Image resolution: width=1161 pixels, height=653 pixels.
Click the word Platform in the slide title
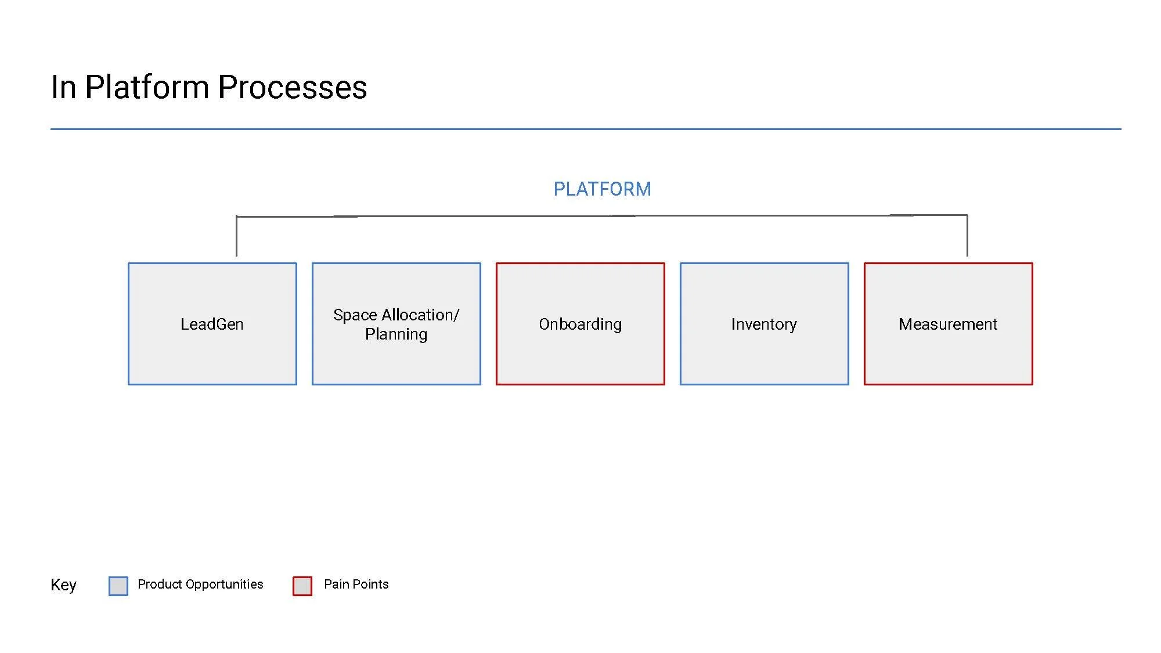(147, 88)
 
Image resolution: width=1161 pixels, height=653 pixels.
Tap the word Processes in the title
(292, 88)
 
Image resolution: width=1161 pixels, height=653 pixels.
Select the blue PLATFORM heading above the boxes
(602, 189)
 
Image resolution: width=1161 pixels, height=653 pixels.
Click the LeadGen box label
(212, 324)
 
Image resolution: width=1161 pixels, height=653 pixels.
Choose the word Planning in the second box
(396, 334)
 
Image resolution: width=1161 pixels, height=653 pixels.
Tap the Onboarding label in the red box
(580, 324)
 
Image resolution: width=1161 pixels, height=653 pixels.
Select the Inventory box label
(764, 324)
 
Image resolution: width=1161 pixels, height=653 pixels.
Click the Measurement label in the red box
(948, 324)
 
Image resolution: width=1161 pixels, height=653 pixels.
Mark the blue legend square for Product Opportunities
(118, 586)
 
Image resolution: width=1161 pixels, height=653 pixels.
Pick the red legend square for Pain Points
(302, 586)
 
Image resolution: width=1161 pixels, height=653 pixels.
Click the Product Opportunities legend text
(200, 584)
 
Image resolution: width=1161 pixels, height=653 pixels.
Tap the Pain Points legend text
(356, 584)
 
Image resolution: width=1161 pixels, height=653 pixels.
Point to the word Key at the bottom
(63, 585)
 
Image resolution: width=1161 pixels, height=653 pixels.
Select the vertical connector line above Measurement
(967, 236)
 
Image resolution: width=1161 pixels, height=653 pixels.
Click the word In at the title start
(63, 88)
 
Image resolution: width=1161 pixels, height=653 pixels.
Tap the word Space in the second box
(355, 315)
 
